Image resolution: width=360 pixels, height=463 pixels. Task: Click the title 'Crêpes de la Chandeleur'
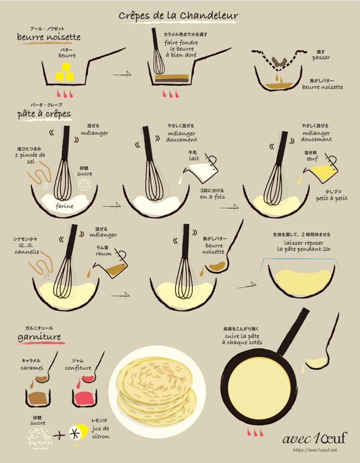(178, 16)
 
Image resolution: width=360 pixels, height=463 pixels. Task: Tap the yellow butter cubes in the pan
(65, 73)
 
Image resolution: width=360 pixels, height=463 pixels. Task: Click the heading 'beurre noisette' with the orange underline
(49, 37)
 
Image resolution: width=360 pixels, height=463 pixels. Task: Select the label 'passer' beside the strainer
(321, 58)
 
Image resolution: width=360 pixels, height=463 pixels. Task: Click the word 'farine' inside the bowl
(64, 206)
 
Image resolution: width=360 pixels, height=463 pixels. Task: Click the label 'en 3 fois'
(213, 197)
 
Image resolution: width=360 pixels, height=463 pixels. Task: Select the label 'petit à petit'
(332, 198)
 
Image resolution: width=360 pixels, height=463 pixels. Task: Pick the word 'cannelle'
(27, 252)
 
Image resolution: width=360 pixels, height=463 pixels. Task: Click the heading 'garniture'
(39, 337)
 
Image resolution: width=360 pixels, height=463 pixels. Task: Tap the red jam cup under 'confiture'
(85, 398)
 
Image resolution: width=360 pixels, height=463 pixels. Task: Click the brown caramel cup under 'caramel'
(38, 398)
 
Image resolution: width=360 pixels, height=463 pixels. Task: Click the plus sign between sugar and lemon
(59, 435)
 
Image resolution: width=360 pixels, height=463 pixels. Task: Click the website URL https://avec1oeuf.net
(315, 450)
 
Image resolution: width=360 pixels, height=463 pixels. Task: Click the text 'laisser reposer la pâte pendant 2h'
(303, 246)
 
